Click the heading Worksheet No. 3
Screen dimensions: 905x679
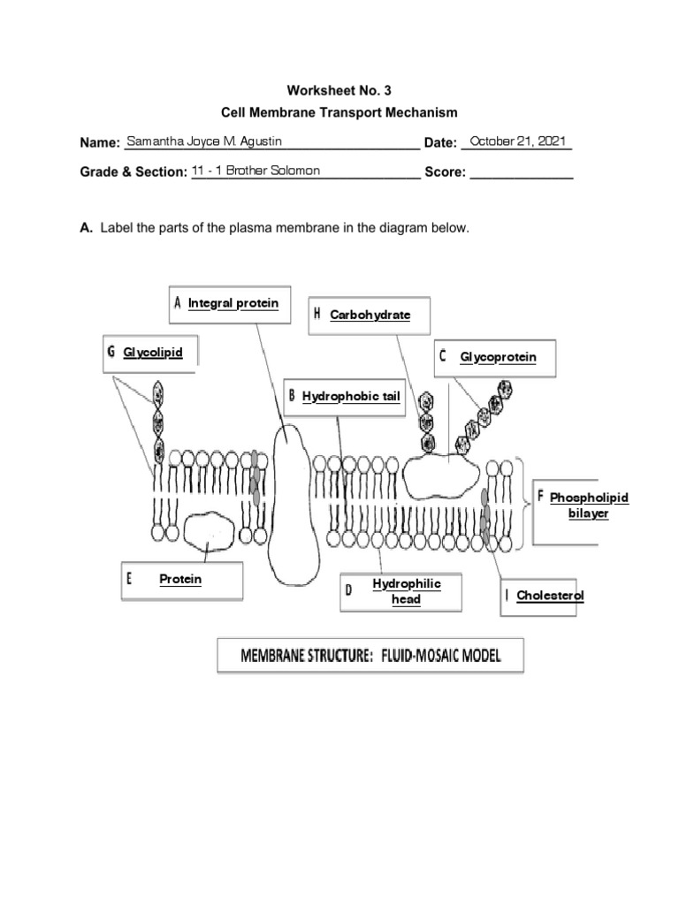point(339,90)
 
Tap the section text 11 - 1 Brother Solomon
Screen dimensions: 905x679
point(256,171)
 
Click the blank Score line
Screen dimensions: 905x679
point(521,173)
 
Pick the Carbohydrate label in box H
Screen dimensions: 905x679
point(370,315)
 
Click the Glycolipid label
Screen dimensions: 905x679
point(153,353)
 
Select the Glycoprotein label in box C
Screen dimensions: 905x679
point(498,357)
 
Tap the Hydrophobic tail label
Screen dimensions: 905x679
point(351,397)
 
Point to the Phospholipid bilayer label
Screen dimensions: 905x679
point(589,506)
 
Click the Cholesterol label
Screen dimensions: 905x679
point(550,596)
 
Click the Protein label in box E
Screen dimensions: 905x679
point(180,580)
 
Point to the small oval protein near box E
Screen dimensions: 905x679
point(210,532)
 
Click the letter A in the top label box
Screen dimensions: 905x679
point(178,303)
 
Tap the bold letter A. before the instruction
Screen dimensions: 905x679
point(87,228)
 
